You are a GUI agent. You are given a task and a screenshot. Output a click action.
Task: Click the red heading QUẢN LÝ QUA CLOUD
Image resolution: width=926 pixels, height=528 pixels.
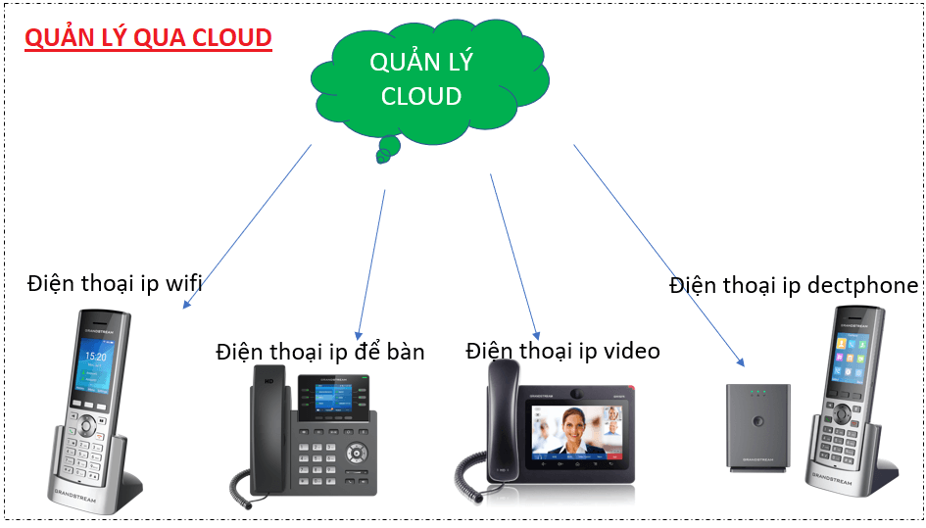[x=148, y=38]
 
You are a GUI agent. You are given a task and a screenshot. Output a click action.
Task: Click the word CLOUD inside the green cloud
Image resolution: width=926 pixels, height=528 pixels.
[x=421, y=96]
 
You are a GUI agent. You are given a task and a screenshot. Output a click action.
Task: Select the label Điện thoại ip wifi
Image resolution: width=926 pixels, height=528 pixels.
[x=116, y=284]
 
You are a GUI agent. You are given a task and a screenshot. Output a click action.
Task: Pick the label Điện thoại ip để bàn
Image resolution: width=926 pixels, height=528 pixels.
[x=320, y=351]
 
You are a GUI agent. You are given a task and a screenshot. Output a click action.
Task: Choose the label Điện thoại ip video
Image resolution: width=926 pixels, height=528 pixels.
[x=562, y=351]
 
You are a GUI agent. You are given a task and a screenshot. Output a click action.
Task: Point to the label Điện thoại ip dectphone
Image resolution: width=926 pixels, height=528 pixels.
[x=794, y=285]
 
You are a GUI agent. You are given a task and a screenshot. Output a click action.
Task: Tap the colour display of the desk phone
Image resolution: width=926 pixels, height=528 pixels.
[x=333, y=401]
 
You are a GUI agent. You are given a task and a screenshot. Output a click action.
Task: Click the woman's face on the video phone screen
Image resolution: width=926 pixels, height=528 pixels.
[x=567, y=429]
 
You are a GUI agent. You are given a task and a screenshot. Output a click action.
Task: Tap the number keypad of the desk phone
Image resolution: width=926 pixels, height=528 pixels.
[x=319, y=456]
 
